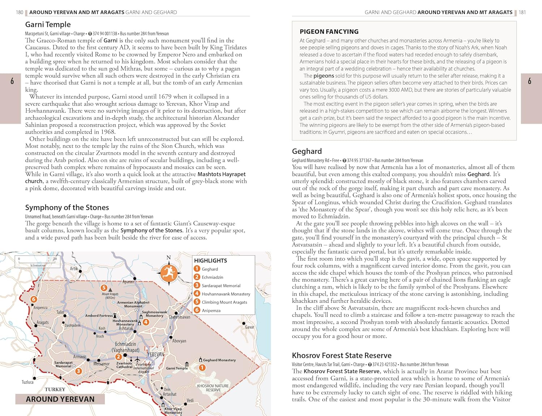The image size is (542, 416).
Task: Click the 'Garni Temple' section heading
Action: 48,25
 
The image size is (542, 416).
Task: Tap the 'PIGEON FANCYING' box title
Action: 329,32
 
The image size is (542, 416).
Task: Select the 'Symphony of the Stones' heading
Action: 67,207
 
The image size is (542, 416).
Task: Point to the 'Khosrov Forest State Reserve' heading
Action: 341,355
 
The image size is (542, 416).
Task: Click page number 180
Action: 20,12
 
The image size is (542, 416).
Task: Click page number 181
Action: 522,12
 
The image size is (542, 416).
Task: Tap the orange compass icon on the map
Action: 168,273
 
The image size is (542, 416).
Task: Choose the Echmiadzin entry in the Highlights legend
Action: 212,277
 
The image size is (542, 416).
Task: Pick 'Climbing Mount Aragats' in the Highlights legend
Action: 224,302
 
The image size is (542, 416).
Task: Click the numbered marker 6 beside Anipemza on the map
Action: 34,299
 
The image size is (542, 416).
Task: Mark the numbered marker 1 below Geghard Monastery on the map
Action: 202,368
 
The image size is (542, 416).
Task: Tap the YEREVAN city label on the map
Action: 156,354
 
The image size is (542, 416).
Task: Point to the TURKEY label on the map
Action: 55,389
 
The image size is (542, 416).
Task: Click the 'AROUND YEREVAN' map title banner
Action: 60,399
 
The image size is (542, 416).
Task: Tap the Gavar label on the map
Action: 250,327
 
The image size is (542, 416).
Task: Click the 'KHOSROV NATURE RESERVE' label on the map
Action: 213,388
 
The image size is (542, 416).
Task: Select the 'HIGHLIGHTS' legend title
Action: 210,261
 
